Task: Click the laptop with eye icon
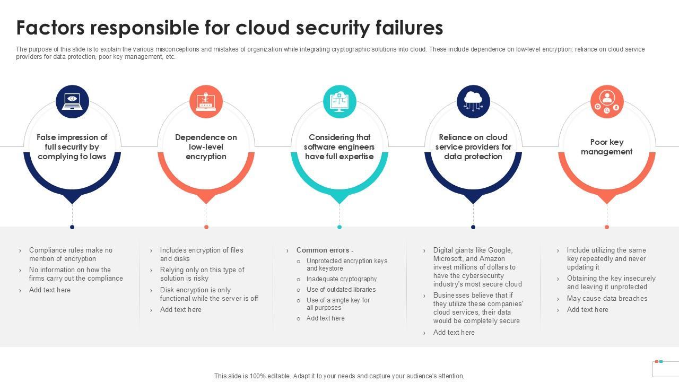click(x=72, y=101)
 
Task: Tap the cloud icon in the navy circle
click(x=473, y=101)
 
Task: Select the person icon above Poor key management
click(x=607, y=101)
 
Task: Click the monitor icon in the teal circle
click(x=339, y=101)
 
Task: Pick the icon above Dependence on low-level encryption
click(x=206, y=101)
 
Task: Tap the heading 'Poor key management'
click(x=607, y=147)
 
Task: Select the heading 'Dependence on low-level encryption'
click(x=206, y=147)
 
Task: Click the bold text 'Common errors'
click(x=323, y=250)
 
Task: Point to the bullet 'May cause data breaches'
click(x=607, y=299)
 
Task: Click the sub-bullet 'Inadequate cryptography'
click(x=342, y=279)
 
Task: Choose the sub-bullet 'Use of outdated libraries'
click(x=341, y=290)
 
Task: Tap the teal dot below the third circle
click(x=339, y=227)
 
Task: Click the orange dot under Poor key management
click(x=607, y=227)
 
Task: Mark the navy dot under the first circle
click(x=72, y=227)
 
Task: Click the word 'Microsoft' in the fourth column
click(x=448, y=259)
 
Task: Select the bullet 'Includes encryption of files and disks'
click(x=202, y=254)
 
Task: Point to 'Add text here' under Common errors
click(x=326, y=318)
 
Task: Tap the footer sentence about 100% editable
click(x=339, y=376)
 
